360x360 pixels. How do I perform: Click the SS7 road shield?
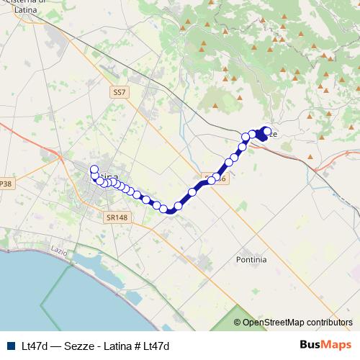(119, 93)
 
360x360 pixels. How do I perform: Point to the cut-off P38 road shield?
(6, 184)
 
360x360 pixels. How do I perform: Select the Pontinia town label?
(251, 258)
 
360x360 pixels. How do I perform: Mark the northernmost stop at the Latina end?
(94, 169)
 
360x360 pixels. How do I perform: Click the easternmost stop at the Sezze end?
(267, 131)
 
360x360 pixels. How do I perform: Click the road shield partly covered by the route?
(218, 177)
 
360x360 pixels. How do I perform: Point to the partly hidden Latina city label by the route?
(109, 176)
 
